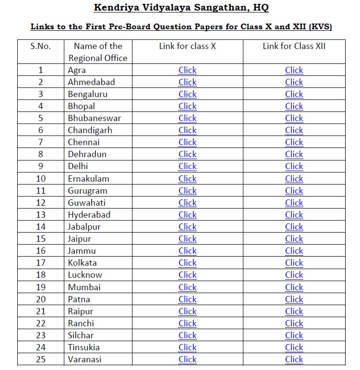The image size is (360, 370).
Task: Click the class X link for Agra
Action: [x=187, y=70]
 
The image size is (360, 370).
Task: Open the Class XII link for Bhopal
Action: [x=294, y=106]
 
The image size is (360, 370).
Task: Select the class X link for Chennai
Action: [x=187, y=142]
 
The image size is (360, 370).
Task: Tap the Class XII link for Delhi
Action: [x=294, y=166]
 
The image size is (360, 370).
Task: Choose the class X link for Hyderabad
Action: [x=187, y=215]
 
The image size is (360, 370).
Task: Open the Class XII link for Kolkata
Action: [x=294, y=263]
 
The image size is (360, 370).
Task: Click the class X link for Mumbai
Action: [x=187, y=287]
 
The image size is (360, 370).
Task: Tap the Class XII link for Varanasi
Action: [x=294, y=359]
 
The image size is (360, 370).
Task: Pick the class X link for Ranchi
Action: [x=187, y=323]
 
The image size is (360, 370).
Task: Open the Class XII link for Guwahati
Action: [x=294, y=203]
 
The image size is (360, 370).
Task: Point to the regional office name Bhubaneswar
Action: [x=94, y=118]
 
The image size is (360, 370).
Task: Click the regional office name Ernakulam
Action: [x=88, y=179]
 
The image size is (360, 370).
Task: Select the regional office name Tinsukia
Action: [x=84, y=347]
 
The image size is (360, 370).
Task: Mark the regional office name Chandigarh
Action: [x=90, y=130]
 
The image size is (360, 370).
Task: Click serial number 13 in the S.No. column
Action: [x=41, y=215]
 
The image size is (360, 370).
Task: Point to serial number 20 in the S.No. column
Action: [x=41, y=299]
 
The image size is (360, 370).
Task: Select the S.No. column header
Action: [x=40, y=46]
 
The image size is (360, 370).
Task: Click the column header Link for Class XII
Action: [x=294, y=46]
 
